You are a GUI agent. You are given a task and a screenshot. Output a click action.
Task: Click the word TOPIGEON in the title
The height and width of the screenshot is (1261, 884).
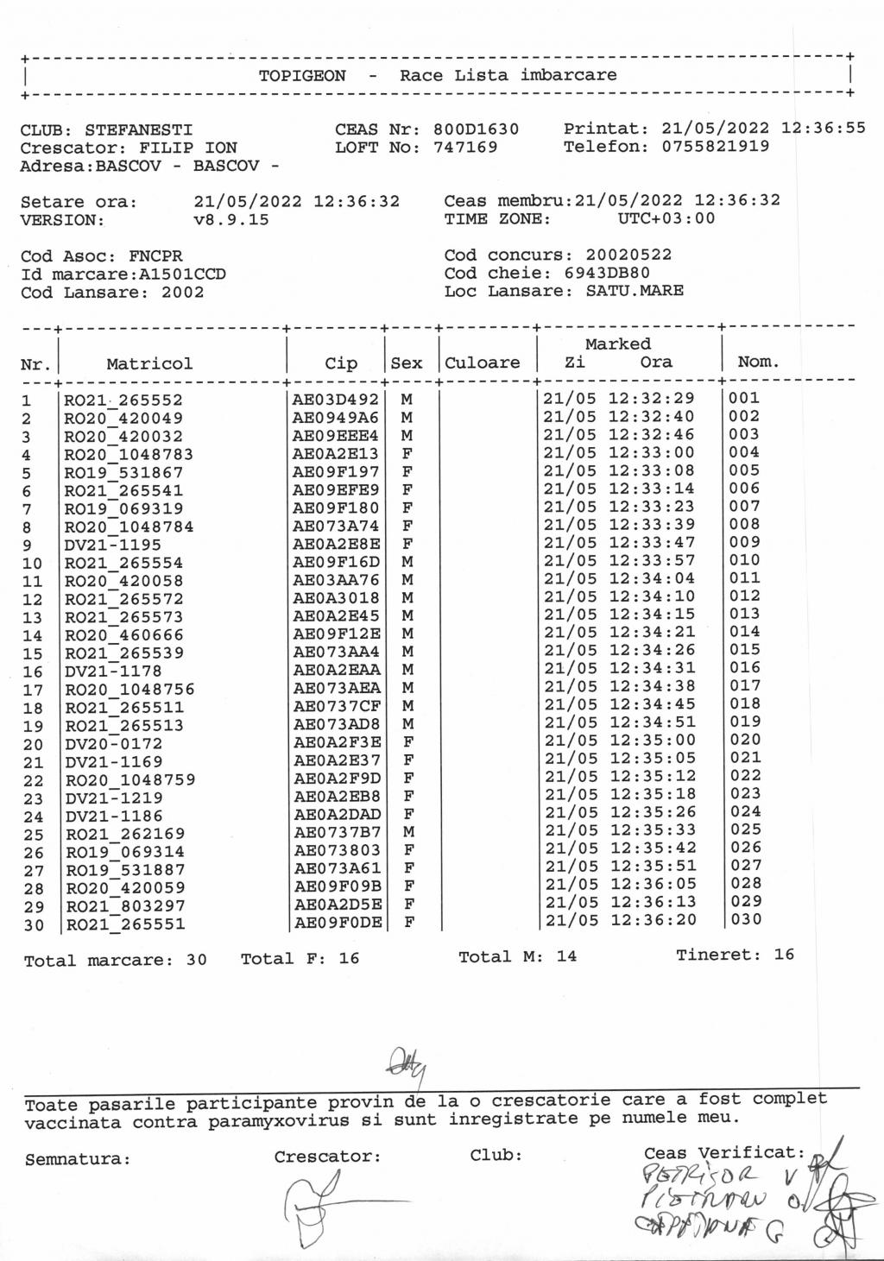[302, 76]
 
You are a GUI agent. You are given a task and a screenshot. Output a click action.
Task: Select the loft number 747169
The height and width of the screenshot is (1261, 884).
[465, 148]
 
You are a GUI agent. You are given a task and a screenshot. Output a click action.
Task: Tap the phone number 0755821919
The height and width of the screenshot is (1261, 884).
[716, 147]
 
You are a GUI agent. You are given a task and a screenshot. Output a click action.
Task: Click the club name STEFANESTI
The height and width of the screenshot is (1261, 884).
[139, 130]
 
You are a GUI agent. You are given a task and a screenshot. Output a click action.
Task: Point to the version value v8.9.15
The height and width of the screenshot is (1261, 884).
[231, 220]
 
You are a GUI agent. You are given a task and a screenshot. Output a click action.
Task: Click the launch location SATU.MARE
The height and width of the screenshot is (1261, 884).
[635, 291]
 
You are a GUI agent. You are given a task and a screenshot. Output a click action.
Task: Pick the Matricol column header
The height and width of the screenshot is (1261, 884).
[149, 363]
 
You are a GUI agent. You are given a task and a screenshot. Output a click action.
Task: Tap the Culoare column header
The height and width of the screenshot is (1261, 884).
[483, 363]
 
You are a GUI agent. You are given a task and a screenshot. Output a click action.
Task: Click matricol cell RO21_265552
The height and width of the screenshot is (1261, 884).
[123, 400]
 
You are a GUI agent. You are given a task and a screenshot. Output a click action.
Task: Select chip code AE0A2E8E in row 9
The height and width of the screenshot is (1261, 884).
[336, 544]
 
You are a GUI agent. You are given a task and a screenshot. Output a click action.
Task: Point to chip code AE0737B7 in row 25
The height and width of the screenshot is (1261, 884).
[337, 832]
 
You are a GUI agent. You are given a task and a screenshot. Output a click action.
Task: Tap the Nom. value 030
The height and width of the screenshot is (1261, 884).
[746, 919]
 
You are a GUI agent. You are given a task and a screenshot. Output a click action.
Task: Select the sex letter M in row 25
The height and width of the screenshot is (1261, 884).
[408, 832]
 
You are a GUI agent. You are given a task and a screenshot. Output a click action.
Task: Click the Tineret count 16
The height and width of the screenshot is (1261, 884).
[784, 955]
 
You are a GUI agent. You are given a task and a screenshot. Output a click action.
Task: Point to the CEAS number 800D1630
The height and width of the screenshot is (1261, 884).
[476, 129]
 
